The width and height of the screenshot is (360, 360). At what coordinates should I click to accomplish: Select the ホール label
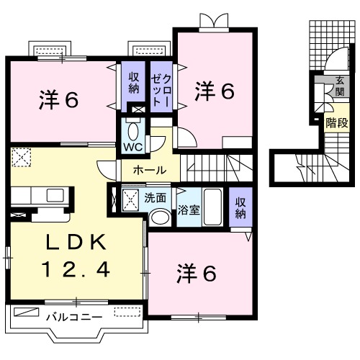[150, 171]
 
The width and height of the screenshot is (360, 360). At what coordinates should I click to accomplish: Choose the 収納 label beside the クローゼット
[134, 83]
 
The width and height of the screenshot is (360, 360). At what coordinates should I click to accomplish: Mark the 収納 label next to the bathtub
[240, 207]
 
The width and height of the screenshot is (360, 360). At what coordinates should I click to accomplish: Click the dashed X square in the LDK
[21, 156]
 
